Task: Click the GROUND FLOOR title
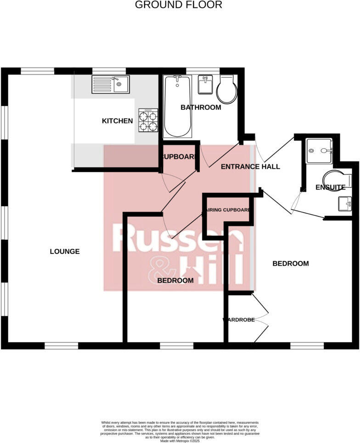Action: (x=179, y=5)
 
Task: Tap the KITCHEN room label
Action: (x=117, y=121)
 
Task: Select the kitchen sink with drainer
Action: (x=111, y=84)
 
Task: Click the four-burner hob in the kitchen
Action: (x=148, y=120)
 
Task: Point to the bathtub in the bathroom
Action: (x=177, y=107)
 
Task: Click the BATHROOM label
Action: (x=201, y=107)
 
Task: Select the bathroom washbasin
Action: (x=205, y=84)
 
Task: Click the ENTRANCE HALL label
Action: (x=250, y=167)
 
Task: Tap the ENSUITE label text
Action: (x=330, y=188)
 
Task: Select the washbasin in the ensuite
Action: (x=344, y=203)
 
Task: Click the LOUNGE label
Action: (x=65, y=252)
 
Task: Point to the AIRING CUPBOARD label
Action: (x=227, y=210)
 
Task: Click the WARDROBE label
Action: (x=239, y=320)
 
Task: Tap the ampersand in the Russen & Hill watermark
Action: (x=159, y=270)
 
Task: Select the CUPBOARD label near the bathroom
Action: (x=179, y=157)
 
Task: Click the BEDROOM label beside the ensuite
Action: (x=290, y=264)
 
